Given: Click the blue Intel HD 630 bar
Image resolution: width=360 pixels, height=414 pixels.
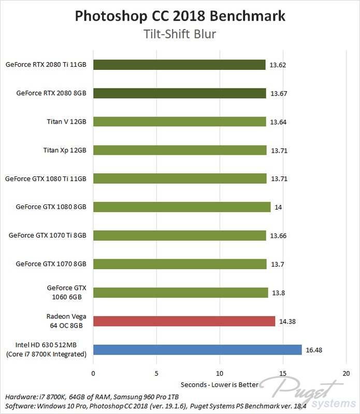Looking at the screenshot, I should click(197, 349).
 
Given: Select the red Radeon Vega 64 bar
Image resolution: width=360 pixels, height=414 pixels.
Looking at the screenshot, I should click(184, 321).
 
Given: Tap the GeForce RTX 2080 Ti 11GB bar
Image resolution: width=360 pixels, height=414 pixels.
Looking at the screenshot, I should click(179, 65).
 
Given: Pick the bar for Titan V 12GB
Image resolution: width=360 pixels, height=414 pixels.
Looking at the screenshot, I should click(179, 122).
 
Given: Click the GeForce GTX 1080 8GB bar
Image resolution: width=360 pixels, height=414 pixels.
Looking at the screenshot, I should click(182, 207).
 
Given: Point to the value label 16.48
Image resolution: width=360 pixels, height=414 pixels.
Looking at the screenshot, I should click(314, 350).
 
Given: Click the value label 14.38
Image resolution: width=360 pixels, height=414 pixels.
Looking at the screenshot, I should click(287, 321).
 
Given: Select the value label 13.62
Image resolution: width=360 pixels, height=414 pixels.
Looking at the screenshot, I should click(278, 65).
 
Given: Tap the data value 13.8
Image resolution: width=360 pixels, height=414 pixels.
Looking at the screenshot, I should click(279, 293).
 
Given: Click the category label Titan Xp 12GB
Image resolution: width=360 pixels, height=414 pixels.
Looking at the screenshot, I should click(65, 151).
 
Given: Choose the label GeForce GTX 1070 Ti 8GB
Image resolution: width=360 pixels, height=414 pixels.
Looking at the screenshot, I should click(48, 235).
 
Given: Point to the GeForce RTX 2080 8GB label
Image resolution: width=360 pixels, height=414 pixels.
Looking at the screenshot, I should click(51, 94).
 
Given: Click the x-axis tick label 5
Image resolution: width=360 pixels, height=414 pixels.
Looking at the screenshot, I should click(156, 373).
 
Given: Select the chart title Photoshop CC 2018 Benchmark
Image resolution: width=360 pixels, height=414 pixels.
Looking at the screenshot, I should click(180, 16).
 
